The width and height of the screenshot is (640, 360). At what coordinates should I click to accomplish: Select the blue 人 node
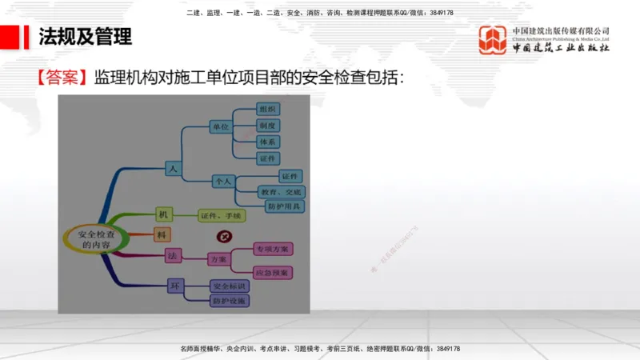[171, 168]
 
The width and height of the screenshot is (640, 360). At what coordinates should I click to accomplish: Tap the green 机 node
[162, 214]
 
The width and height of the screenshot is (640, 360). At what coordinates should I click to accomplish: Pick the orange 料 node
[162, 234]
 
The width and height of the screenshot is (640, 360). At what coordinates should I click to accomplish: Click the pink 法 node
[172, 255]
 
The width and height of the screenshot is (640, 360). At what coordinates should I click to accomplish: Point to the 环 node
[174, 285]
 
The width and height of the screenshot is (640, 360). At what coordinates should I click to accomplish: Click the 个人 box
[222, 182]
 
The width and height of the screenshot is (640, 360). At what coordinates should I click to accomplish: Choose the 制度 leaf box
[267, 126]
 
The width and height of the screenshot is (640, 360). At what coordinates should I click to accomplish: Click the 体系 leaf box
[267, 142]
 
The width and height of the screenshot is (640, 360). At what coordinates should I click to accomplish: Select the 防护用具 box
[284, 206]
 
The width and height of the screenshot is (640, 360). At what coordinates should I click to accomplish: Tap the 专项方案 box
[272, 249]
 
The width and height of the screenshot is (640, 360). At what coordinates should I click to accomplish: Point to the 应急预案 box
[272, 273]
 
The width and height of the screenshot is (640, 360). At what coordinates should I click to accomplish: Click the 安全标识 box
[230, 286]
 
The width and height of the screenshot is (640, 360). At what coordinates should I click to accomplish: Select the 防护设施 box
[230, 301]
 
